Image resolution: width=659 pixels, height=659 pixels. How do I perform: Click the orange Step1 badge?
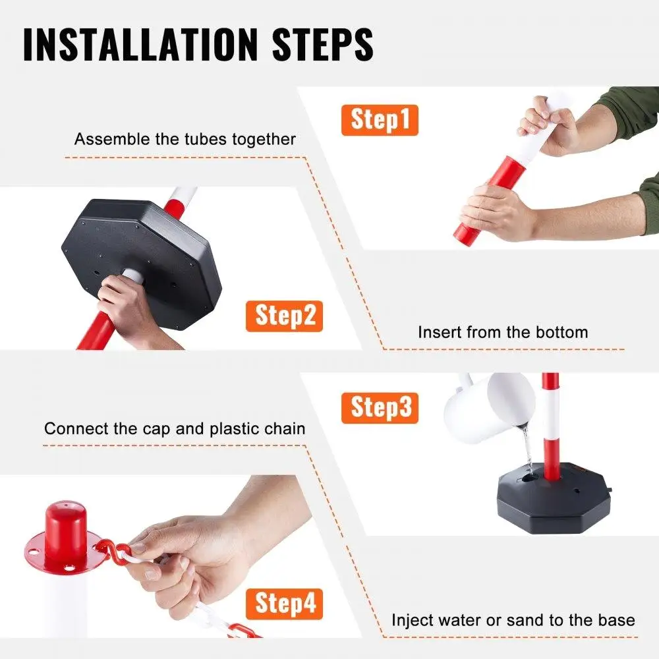pos(380,120)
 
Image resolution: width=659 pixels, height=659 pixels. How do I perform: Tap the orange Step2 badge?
pos(284,316)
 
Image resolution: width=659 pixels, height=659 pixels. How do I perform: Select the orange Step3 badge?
pos(380,408)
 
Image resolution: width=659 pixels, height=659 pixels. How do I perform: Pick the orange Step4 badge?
pos(284,604)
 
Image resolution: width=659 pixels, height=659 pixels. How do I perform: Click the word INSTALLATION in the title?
pos(140,44)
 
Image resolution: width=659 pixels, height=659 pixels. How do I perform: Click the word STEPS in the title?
pos(323,44)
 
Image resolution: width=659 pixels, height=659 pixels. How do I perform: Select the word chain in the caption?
pos(285,429)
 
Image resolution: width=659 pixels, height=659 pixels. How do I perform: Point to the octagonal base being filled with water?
pos(554,498)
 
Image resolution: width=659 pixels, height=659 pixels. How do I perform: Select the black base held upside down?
pos(141,263)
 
